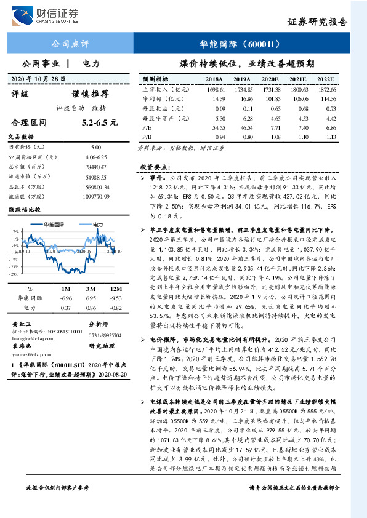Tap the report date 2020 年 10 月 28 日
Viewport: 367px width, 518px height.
point(38,78)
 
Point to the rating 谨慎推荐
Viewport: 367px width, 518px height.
point(90,94)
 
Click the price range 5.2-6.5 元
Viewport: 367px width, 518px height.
point(99,122)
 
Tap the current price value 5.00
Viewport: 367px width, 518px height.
point(95,148)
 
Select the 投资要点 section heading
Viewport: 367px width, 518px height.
point(154,167)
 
